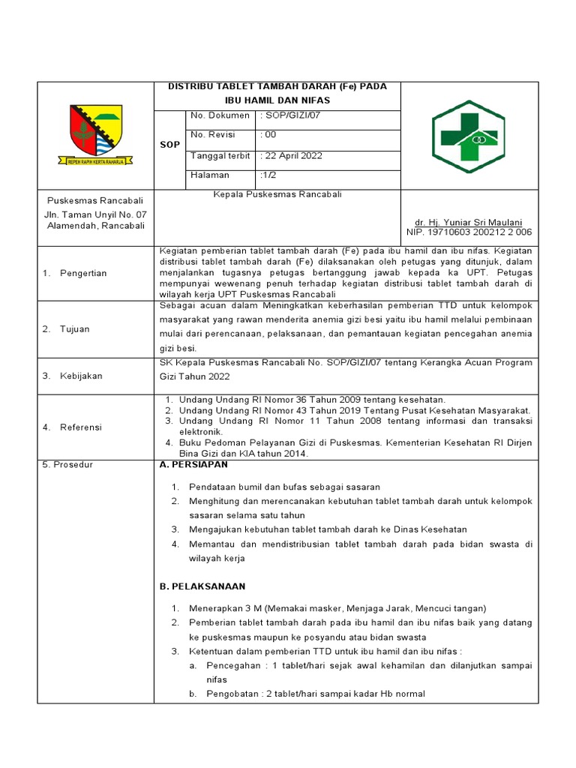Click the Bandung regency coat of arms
[x=95, y=134]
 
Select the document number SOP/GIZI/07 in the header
[x=293, y=115]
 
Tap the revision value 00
[x=268, y=135]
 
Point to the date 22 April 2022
[x=292, y=155]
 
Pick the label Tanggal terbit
[x=220, y=155]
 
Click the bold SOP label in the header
[x=169, y=145]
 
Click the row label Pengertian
[x=83, y=273]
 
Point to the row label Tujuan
[x=74, y=328]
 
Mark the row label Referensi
[x=82, y=427]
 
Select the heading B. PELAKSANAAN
[x=202, y=586]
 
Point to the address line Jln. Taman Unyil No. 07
[x=95, y=214]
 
